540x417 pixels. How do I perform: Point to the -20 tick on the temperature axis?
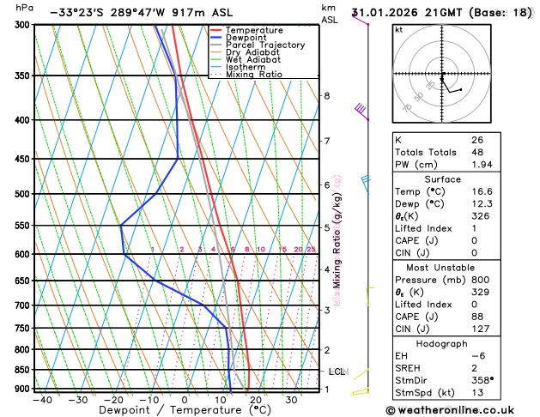coord(113,399)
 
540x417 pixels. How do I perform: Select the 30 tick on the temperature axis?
coord(291,399)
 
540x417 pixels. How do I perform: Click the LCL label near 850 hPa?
coord(337,372)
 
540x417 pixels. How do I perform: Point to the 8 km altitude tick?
coord(326,95)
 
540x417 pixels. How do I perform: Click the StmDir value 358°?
coord(483,380)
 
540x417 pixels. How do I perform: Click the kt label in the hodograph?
coord(398,29)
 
